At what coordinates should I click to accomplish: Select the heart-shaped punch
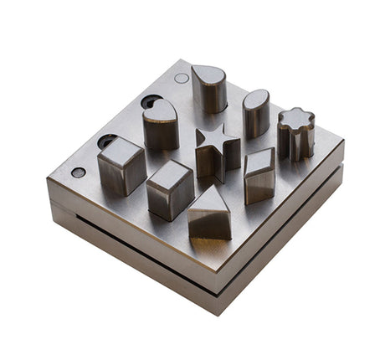click(x=160, y=126)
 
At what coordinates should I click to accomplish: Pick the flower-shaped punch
click(x=295, y=134)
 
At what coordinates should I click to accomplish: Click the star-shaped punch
click(x=216, y=153)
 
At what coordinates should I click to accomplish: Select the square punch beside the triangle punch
click(x=169, y=188)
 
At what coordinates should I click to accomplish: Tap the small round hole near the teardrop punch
click(x=182, y=78)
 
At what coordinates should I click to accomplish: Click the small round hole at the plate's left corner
click(x=78, y=172)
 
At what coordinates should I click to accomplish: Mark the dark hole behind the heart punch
click(x=151, y=101)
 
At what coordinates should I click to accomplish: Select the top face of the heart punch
click(x=159, y=110)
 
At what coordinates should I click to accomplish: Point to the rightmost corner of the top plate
click(x=343, y=152)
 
